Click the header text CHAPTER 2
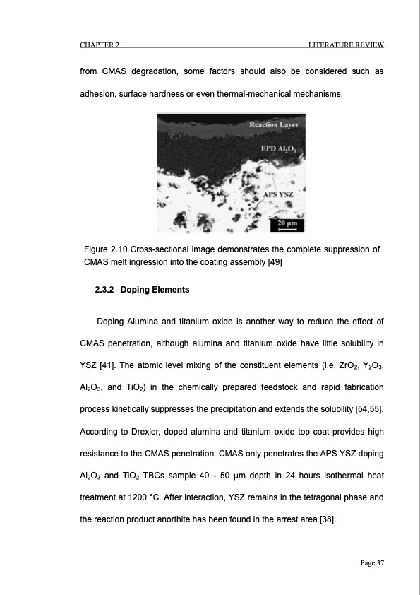click(x=99, y=46)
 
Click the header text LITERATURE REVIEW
click(x=346, y=46)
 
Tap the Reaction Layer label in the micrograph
click(x=274, y=125)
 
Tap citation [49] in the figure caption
click(x=273, y=262)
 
